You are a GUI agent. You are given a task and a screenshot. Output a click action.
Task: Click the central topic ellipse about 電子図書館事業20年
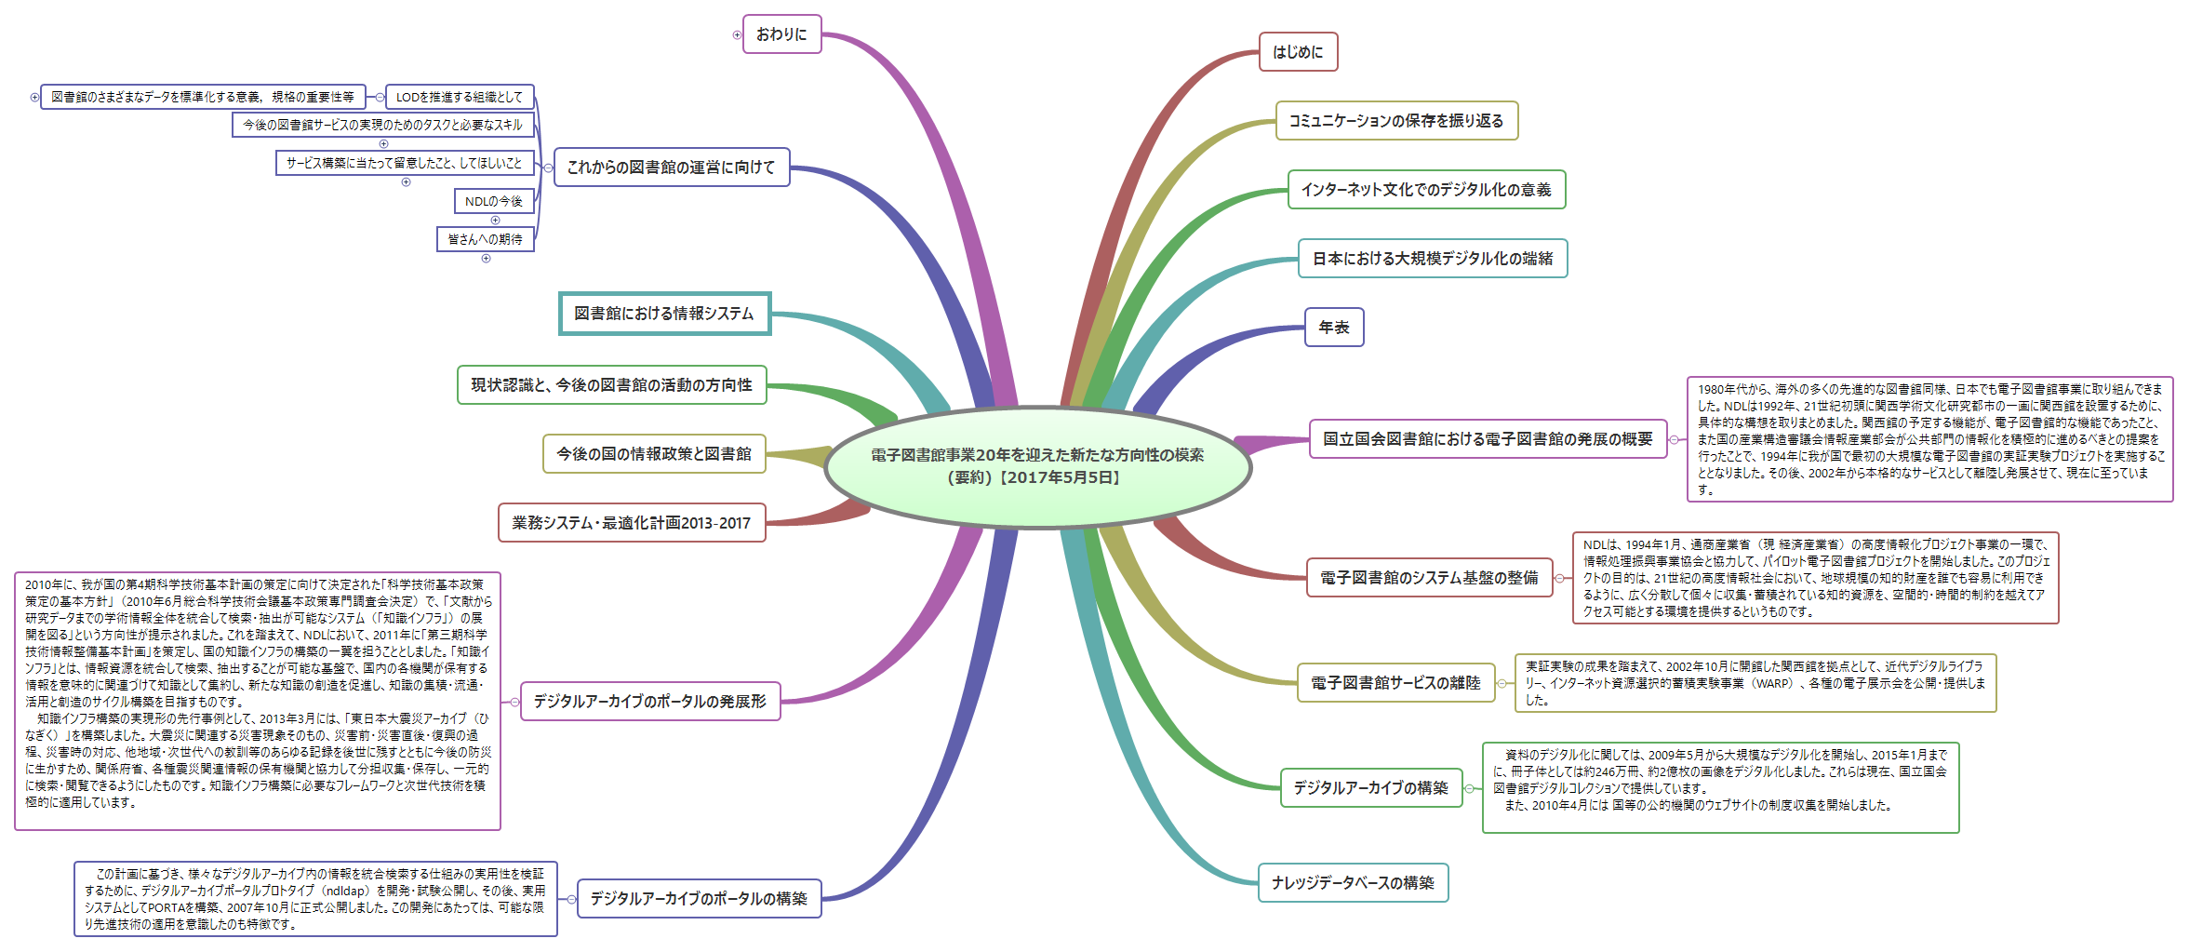point(1037,466)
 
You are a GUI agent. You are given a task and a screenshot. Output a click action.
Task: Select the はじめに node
point(1298,52)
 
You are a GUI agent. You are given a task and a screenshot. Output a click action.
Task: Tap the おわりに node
point(781,34)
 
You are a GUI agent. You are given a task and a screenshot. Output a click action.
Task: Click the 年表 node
point(1333,328)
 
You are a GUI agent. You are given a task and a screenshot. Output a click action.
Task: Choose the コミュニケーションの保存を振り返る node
point(1395,121)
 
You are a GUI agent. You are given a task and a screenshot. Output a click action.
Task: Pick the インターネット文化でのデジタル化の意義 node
point(1425,190)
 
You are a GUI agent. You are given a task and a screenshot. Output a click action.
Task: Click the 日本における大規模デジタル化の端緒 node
point(1432,259)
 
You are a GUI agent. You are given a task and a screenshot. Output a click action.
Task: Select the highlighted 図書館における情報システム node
point(664,314)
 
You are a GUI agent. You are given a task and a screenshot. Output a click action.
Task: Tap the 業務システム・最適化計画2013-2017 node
point(631,523)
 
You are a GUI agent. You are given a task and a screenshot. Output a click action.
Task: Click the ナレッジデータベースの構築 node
point(1353,883)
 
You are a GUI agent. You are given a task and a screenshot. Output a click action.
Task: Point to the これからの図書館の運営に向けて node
point(671,168)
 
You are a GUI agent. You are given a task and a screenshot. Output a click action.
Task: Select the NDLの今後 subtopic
point(493,201)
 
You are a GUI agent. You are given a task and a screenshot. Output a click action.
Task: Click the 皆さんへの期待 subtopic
point(485,239)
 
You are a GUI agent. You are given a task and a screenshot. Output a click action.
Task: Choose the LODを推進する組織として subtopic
point(459,97)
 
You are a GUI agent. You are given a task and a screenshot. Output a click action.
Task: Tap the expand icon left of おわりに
point(737,35)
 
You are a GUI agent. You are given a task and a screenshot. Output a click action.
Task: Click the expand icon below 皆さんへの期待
point(486,258)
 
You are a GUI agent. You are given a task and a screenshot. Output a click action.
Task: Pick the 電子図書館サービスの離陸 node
point(1395,683)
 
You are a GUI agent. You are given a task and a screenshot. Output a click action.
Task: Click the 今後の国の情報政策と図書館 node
point(653,454)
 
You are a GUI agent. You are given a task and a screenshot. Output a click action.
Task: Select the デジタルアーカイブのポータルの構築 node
point(698,899)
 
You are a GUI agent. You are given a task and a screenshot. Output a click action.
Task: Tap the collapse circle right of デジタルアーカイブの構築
point(1469,789)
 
